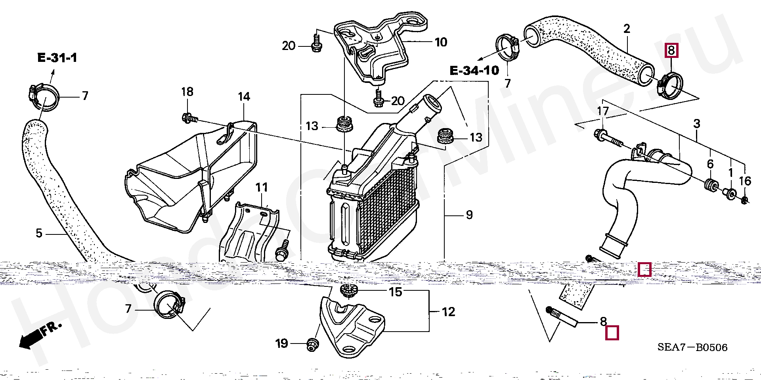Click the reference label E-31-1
click(x=57, y=58)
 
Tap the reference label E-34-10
click(x=474, y=71)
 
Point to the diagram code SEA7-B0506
click(x=692, y=347)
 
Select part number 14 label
click(x=244, y=96)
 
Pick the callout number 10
click(x=441, y=42)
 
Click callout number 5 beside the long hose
click(x=39, y=233)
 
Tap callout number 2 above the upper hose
click(x=626, y=29)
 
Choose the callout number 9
click(x=469, y=215)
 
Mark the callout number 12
click(x=448, y=312)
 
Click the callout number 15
click(x=395, y=292)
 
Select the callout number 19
click(x=281, y=344)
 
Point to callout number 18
click(x=187, y=92)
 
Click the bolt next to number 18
click(x=189, y=117)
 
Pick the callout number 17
click(x=603, y=111)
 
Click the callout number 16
click(x=745, y=181)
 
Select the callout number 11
click(x=262, y=187)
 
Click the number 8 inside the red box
click(x=671, y=50)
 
